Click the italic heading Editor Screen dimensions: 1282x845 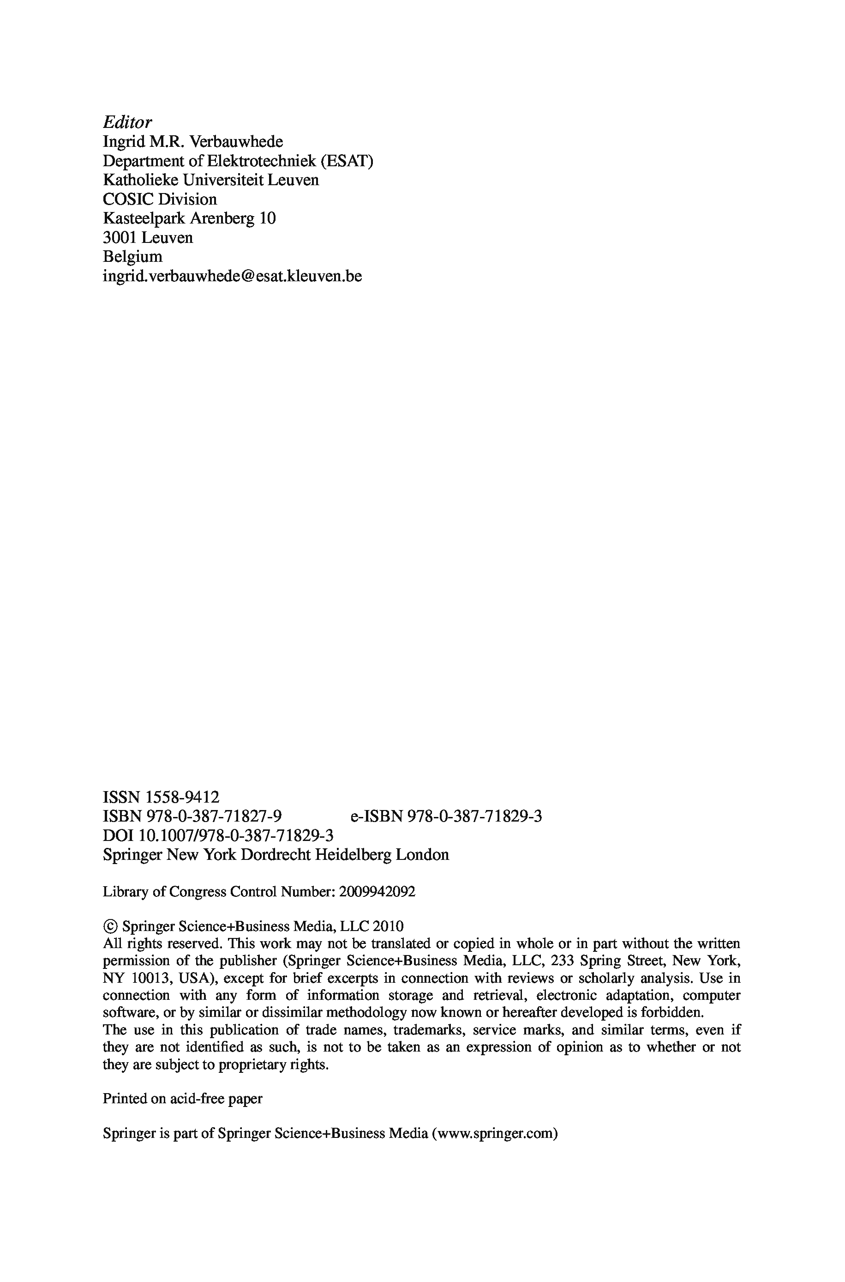[127, 122]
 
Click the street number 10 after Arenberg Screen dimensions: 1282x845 [267, 218]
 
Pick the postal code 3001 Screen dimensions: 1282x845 [120, 238]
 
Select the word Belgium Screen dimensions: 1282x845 [132, 257]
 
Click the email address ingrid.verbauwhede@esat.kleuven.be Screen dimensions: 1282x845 [232, 276]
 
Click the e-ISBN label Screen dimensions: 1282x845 [376, 816]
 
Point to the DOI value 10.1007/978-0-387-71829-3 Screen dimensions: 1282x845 [235, 835]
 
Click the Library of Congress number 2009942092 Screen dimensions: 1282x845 [377, 892]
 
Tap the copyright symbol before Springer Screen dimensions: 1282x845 [110, 927]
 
